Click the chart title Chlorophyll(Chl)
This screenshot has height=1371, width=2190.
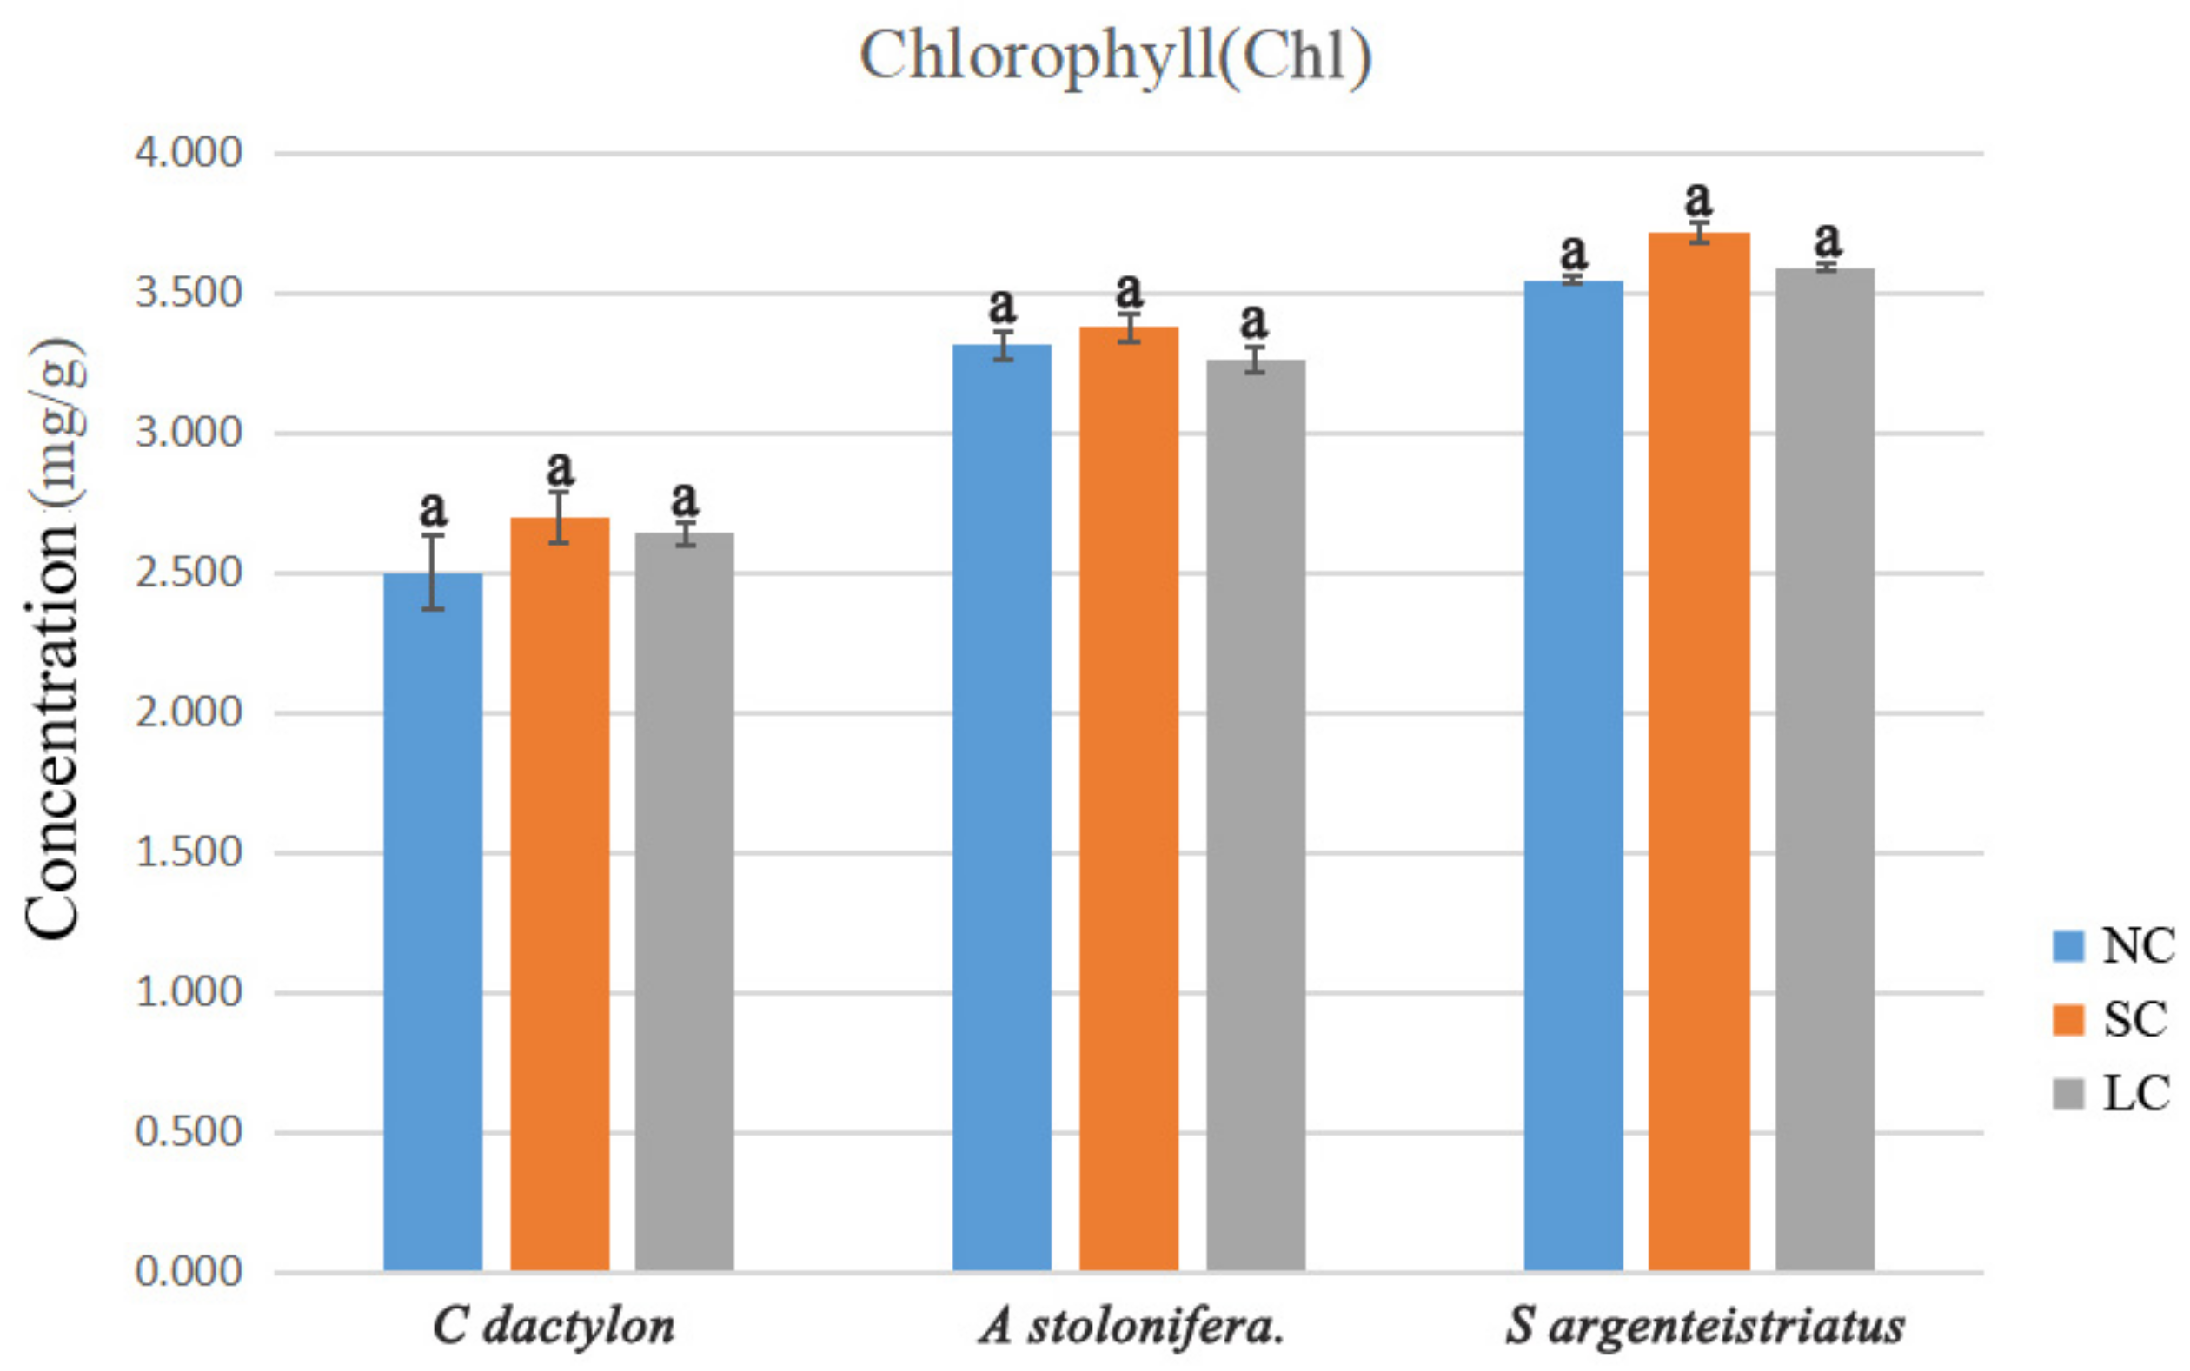1114,56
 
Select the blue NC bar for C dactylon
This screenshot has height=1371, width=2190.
433,920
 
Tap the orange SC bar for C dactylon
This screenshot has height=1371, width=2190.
560,893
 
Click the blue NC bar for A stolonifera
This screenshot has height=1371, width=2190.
1002,807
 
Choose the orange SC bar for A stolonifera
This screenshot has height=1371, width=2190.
1128,798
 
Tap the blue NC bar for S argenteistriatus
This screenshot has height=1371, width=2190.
1573,775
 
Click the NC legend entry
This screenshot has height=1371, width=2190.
2113,946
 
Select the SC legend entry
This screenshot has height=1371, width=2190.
2113,1019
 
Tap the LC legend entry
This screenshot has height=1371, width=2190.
2113,1093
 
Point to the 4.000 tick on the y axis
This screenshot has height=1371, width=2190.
189,152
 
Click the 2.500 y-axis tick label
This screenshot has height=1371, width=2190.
189,573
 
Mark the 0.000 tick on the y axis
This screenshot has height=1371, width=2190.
189,1271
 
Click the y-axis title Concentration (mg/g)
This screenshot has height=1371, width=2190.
55,639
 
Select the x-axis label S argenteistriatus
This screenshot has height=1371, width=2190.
1704,1327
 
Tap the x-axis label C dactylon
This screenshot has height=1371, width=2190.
554,1327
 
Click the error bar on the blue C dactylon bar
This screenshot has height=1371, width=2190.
433,572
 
